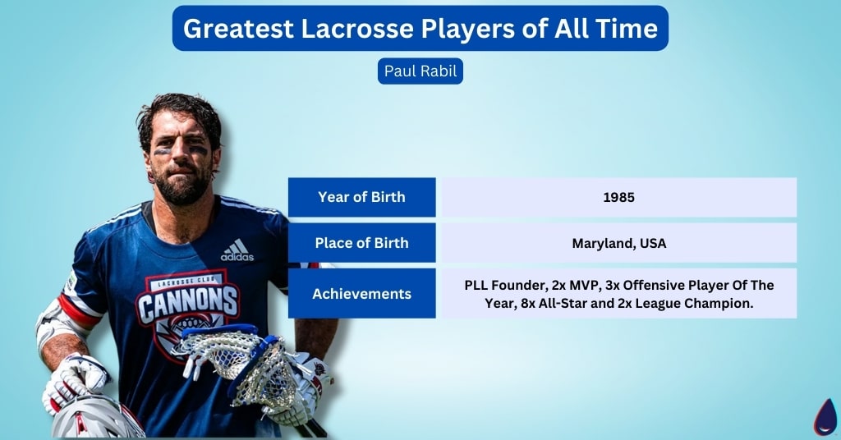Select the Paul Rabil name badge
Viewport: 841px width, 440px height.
pos(420,71)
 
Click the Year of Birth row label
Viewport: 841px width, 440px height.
pos(361,197)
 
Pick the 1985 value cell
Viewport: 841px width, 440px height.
pos(619,197)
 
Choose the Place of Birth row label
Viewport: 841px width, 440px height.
pos(361,243)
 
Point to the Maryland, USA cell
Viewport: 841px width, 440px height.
pos(619,243)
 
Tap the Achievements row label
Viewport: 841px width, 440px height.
pos(361,293)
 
